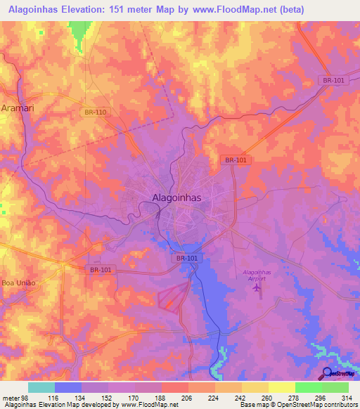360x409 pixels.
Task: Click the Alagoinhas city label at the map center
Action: [x=176, y=198]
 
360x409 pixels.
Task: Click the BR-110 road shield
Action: [x=94, y=112]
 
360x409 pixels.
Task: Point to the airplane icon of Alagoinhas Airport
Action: [x=257, y=287]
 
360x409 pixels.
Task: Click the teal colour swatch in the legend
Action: [x=41, y=387]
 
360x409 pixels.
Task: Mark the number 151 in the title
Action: [x=128, y=10]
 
